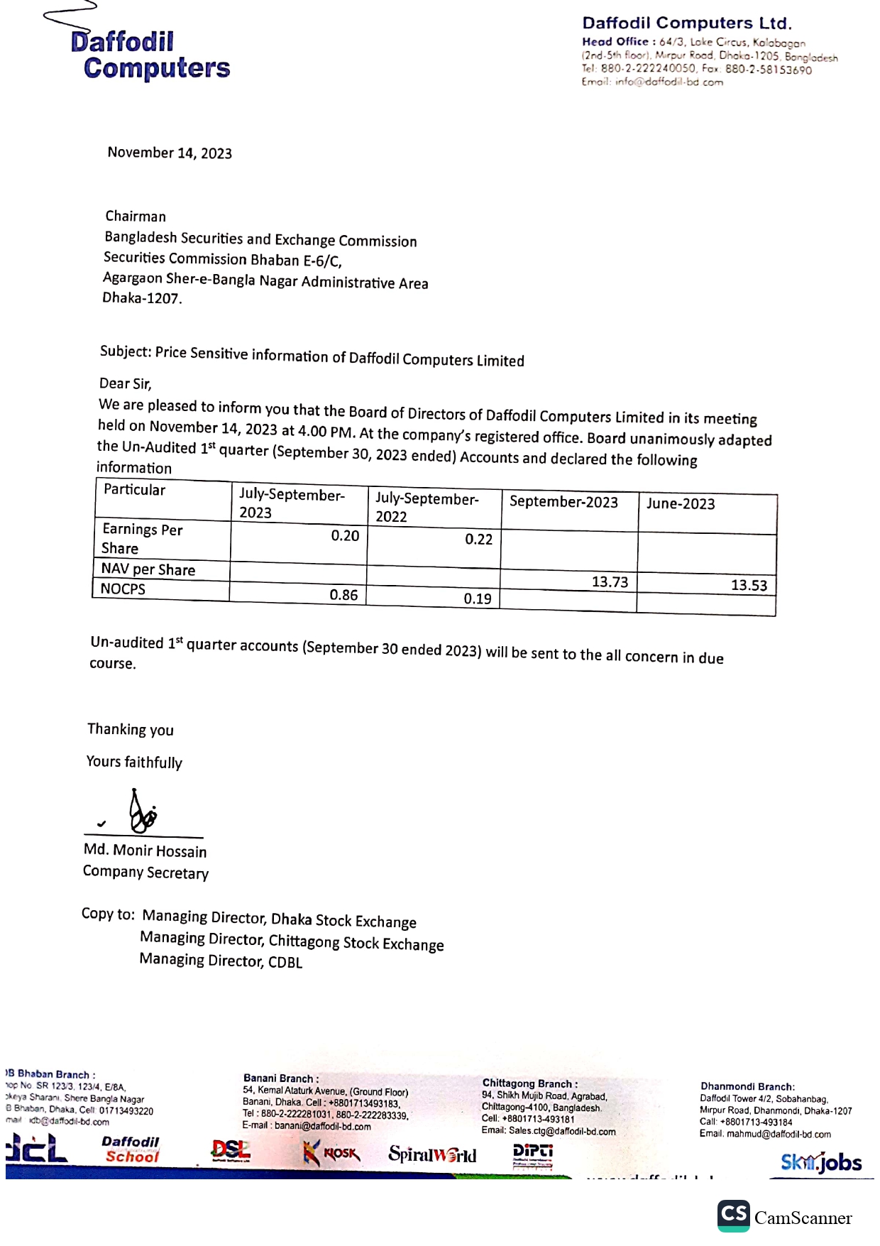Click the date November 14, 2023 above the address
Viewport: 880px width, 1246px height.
(170, 153)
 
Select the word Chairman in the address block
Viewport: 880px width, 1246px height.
(136, 217)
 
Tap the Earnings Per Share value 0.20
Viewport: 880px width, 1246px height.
(345, 536)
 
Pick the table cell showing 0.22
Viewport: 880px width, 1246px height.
(478, 540)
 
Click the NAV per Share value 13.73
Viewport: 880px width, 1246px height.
(610, 582)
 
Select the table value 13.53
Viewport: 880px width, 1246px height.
(749, 586)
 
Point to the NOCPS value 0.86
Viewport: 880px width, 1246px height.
(343, 595)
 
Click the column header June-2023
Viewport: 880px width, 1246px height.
(681, 504)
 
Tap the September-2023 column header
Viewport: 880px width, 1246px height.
(563, 502)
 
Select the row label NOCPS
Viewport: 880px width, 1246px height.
(123, 589)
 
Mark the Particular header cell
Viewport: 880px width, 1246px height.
(134, 490)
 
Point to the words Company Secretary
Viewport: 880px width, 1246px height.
(145, 873)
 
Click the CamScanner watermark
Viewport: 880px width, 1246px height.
(786, 1218)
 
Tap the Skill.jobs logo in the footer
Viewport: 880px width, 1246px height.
(821, 1162)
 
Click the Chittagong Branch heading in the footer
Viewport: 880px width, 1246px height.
(529, 1083)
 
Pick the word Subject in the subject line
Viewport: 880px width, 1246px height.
(125, 351)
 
